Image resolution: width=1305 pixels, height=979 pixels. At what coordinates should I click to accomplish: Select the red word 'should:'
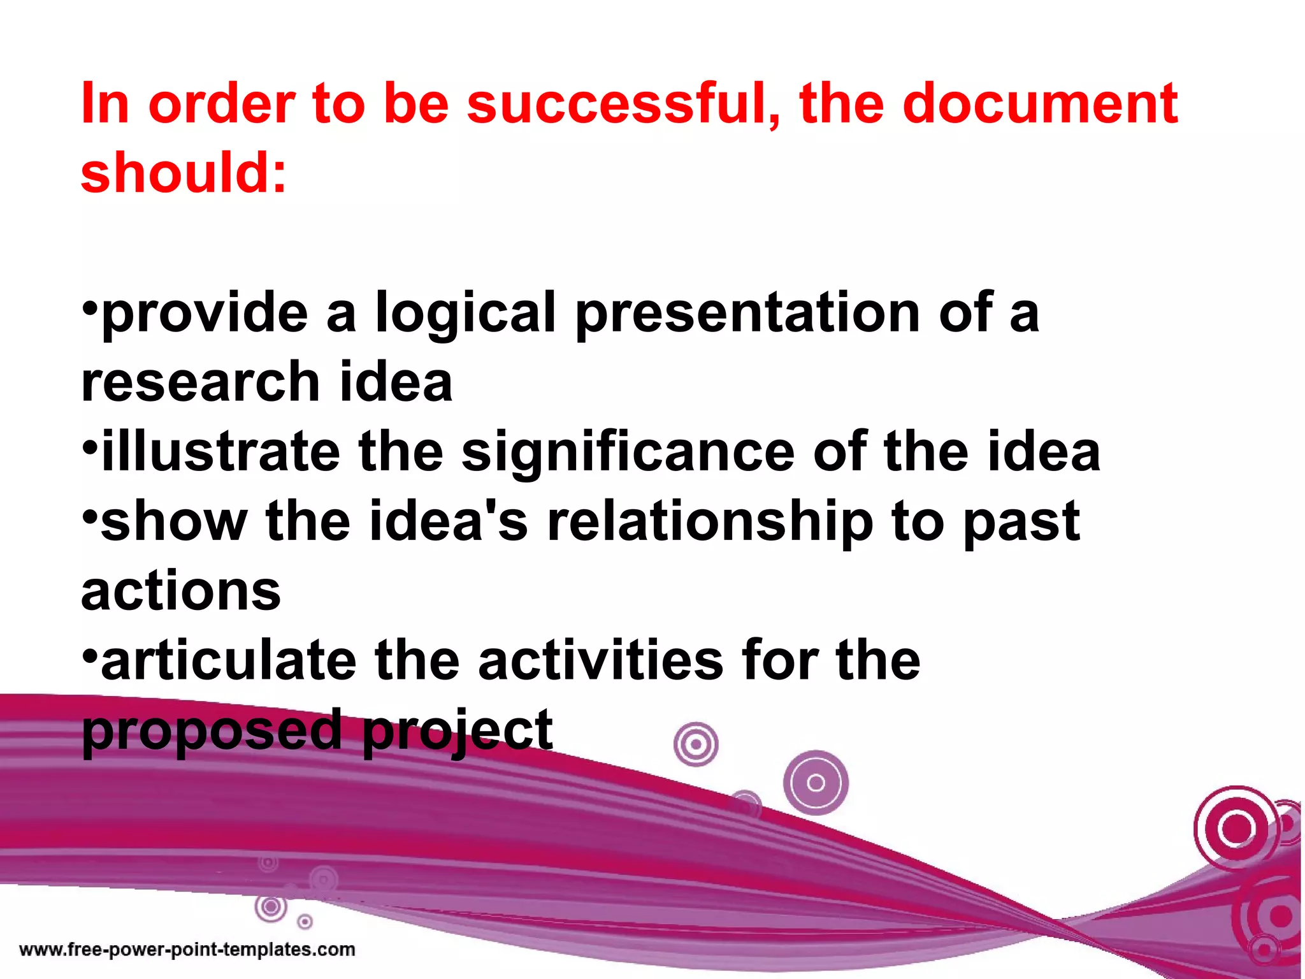[184, 173]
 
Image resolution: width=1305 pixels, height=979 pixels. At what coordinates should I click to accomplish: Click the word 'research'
[201, 382]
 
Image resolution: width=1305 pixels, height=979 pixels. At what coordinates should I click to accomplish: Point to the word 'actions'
[181, 591]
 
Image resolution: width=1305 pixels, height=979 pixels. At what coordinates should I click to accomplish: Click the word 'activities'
[601, 660]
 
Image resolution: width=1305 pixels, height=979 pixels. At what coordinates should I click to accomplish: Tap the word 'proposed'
[212, 731]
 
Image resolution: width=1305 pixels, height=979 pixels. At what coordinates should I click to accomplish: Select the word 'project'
[458, 731]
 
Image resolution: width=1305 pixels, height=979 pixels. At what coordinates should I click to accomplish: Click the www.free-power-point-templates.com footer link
[187, 950]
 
